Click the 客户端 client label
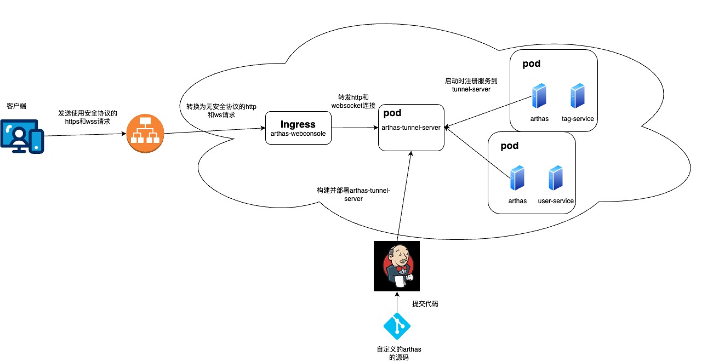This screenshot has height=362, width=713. (x=16, y=106)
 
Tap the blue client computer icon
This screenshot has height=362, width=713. (x=22, y=136)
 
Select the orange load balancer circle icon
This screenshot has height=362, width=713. (x=145, y=133)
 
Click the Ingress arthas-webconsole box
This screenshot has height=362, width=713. (x=298, y=128)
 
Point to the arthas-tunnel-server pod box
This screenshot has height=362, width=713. (x=411, y=128)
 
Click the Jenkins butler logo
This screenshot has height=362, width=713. (x=397, y=266)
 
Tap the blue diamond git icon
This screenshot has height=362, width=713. (x=397, y=326)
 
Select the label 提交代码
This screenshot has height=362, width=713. (x=425, y=304)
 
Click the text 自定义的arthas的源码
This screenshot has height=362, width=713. (x=399, y=353)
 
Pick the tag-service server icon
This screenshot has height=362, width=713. (x=578, y=96)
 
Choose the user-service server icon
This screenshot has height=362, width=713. (x=556, y=178)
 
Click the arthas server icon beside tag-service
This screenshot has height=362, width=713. (x=539, y=96)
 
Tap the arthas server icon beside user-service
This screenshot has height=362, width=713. (x=517, y=178)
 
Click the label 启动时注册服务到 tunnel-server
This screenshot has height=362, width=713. (x=471, y=85)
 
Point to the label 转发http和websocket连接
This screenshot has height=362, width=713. (x=353, y=101)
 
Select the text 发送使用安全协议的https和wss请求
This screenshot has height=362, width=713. (x=88, y=117)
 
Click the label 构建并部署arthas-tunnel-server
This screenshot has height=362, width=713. (x=353, y=194)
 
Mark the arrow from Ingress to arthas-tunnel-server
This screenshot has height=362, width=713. (x=355, y=128)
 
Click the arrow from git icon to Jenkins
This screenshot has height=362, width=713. (x=397, y=302)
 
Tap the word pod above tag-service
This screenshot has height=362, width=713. (x=531, y=64)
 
